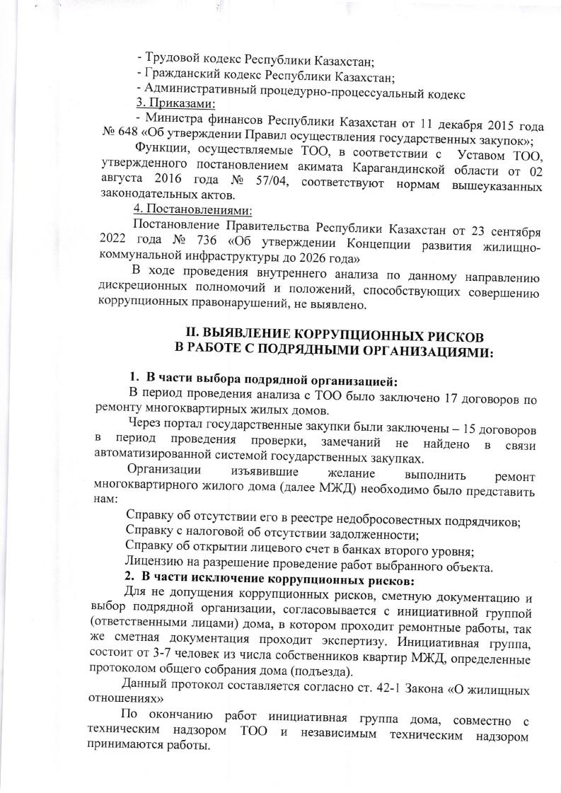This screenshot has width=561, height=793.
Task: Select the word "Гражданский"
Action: (x=180, y=76)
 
